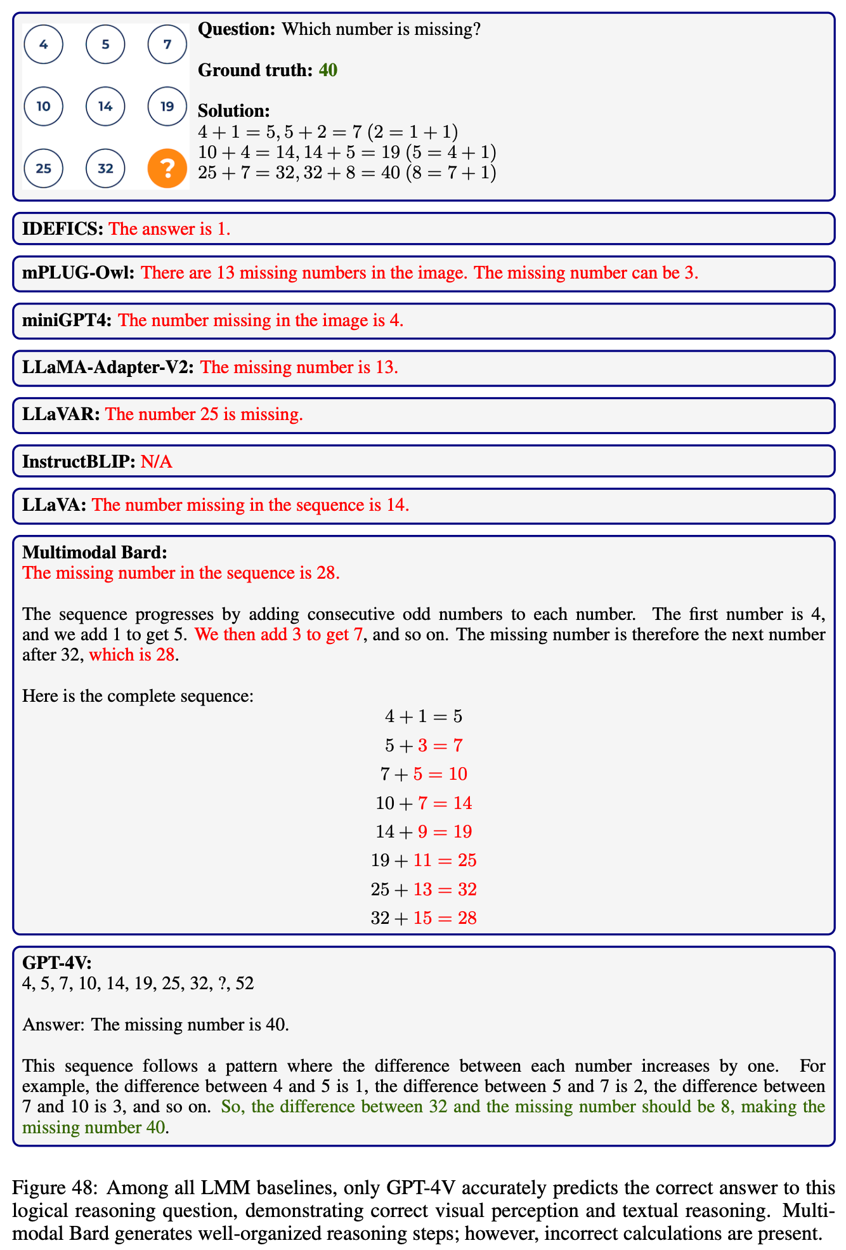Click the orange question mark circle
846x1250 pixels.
pos(167,168)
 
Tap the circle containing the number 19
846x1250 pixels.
pos(167,106)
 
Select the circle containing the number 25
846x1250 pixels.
pos(44,168)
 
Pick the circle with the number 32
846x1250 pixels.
pos(105,168)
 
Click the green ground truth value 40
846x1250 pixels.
pos(328,70)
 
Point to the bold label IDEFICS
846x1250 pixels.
pos(62,228)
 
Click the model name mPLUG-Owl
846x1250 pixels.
pos(78,273)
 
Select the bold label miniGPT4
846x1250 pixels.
pos(67,320)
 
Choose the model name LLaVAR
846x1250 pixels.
pos(61,414)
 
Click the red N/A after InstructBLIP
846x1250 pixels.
pos(156,461)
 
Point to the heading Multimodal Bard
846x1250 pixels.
pos(94,552)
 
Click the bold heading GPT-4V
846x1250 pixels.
pos(57,963)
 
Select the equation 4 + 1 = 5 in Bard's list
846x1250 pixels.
pos(424,716)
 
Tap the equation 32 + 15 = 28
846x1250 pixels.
pos(424,918)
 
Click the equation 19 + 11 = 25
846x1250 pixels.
pos(424,860)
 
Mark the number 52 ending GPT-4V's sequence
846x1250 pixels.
pos(244,984)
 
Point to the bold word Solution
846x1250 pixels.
pos(234,111)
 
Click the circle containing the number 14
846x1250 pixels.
pos(105,106)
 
